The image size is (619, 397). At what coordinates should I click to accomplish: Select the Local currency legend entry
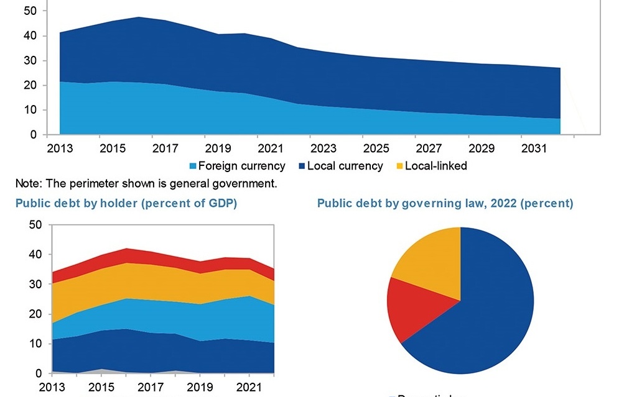[345, 166]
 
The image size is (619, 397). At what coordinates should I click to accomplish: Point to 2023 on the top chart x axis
[323, 149]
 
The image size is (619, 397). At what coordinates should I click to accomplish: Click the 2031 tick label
[534, 149]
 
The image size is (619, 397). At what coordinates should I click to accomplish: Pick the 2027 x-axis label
[429, 149]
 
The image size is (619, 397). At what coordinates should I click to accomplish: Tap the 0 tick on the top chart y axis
[34, 134]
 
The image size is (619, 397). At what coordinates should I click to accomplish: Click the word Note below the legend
[27, 183]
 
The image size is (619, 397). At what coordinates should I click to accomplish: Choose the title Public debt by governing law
[445, 203]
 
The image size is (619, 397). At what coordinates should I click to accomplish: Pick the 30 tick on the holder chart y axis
[35, 284]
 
